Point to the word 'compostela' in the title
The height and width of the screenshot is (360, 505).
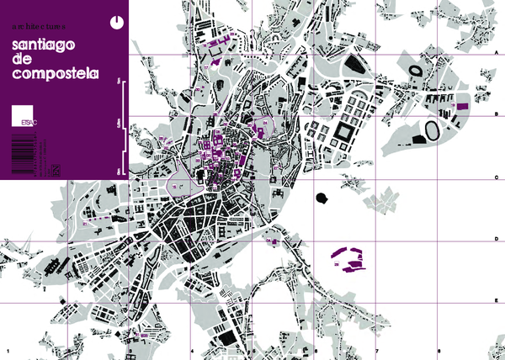(x=56, y=74)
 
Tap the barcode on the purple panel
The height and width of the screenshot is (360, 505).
(x=21, y=152)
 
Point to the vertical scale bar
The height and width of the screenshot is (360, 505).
(x=121, y=126)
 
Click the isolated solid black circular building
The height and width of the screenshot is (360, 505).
(x=321, y=199)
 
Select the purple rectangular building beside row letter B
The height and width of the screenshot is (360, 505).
(x=462, y=105)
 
